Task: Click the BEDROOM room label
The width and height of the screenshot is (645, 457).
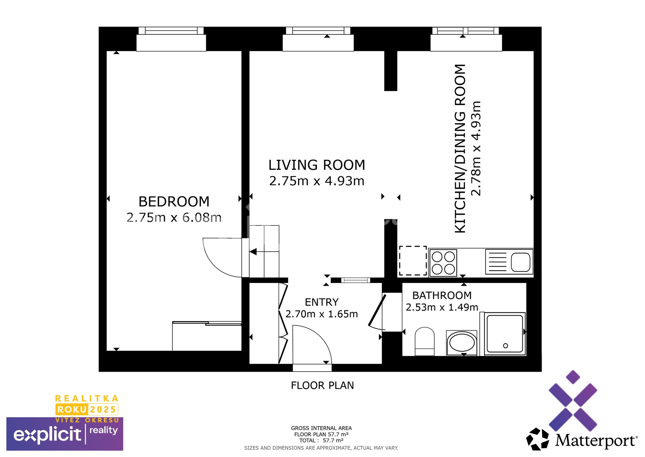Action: click(174, 202)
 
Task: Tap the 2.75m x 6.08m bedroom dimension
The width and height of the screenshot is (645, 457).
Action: click(174, 218)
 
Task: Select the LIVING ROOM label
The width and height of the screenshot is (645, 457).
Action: click(316, 165)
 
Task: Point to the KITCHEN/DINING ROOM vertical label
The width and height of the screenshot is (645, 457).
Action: click(460, 148)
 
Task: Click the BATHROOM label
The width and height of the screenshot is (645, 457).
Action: click(442, 295)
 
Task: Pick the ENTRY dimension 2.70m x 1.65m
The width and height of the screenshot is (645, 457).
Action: click(321, 314)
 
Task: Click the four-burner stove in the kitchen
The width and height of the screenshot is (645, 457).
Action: click(443, 263)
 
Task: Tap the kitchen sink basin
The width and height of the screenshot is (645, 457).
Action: click(520, 262)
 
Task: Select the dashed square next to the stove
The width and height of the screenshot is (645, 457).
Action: click(413, 261)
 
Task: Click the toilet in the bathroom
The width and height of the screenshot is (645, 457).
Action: click(425, 341)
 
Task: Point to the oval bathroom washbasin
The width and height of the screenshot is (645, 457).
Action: click(462, 343)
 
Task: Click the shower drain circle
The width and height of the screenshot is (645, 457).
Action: click(505, 346)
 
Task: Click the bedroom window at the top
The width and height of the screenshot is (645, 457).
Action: click(171, 31)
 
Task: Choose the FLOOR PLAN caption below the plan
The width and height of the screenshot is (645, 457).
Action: click(322, 385)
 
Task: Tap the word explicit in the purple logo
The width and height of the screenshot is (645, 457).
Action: click(47, 434)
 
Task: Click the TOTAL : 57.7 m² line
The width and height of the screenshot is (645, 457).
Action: click(321, 440)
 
